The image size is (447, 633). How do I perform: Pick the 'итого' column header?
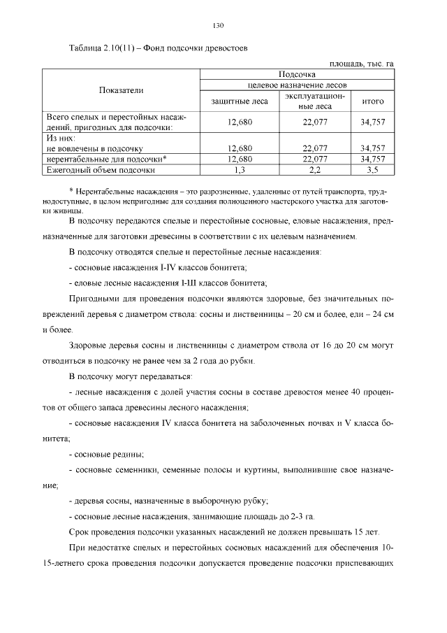372,101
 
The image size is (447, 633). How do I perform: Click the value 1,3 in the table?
240,169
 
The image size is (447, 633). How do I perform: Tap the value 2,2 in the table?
315,169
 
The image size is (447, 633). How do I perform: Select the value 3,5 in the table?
372,169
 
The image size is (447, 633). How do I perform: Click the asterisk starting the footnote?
71,191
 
